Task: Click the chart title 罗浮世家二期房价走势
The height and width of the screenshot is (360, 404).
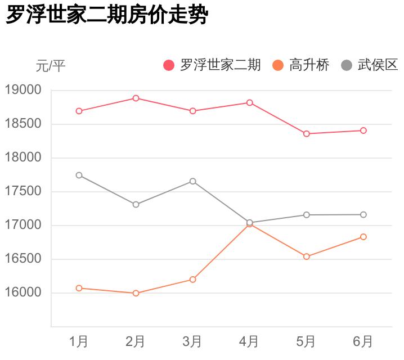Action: click(107, 15)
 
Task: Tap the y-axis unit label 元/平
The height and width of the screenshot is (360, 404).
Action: click(51, 66)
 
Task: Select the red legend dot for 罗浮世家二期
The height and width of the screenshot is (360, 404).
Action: click(169, 65)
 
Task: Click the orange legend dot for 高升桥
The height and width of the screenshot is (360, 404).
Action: click(278, 65)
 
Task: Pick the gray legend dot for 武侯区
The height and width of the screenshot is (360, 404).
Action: click(347, 65)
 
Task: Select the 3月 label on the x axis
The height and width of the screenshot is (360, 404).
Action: click(192, 341)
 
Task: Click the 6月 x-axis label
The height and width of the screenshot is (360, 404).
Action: click(363, 341)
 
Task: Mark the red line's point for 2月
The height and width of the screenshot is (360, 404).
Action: click(136, 98)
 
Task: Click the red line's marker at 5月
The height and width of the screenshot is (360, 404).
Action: click(307, 134)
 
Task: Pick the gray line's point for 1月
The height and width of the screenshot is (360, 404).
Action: click(79, 175)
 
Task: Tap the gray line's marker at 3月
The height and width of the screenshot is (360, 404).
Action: click(192, 181)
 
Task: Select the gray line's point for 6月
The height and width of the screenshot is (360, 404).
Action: click(363, 214)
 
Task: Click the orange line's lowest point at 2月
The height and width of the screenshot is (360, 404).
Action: click(136, 293)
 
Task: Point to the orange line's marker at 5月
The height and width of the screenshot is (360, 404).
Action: click(307, 256)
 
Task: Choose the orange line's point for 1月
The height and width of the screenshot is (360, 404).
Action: click(79, 288)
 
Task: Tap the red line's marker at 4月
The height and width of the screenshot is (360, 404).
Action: click(249, 103)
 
